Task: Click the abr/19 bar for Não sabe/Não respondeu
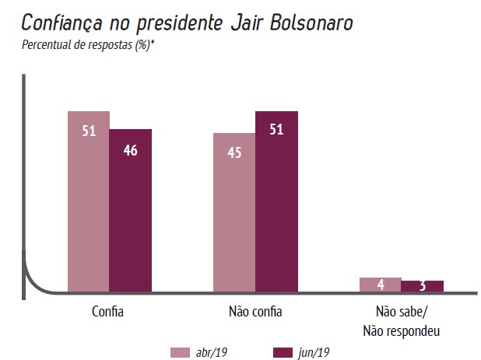381,285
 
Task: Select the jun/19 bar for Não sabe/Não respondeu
423,286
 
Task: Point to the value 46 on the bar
130,150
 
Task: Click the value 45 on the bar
234,152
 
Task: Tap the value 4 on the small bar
381,285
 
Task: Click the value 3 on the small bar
422,286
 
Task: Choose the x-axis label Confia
107,313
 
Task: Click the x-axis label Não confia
255,313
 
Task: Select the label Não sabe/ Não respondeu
402,321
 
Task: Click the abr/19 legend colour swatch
181,352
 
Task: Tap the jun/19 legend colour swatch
285,352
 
